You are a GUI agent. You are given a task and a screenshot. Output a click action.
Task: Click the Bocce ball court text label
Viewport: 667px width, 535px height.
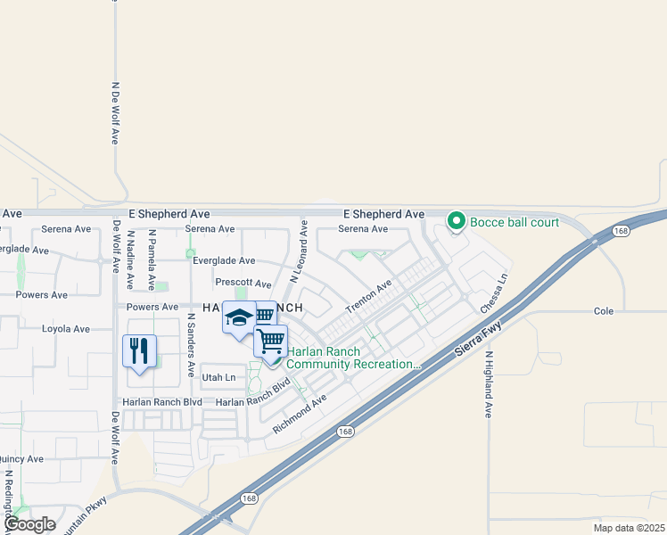[x=515, y=220]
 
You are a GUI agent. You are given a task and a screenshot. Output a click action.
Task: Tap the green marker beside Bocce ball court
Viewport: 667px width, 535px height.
[x=457, y=220]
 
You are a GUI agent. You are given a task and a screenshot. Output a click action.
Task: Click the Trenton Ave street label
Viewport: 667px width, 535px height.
[x=368, y=295]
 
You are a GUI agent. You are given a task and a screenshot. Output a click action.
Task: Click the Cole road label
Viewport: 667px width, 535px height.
[x=604, y=311]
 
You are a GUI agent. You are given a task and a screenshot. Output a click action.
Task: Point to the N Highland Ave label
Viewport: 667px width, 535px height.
[x=489, y=384]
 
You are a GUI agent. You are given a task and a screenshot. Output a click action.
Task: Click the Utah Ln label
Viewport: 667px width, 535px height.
[x=218, y=378]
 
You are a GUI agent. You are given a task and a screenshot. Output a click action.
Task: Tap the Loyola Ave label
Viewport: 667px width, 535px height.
[x=66, y=329]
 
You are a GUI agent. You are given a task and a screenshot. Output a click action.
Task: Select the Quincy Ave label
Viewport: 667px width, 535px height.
[x=21, y=459]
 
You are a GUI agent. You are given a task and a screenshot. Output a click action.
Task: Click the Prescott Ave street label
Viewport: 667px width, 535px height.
[x=243, y=283]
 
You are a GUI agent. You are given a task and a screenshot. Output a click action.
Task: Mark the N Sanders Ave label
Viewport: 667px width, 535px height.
[x=191, y=343]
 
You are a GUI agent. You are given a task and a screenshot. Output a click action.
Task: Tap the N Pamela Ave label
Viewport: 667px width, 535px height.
[x=152, y=259]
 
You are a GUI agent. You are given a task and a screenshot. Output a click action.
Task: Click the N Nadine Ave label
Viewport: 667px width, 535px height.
[x=131, y=260]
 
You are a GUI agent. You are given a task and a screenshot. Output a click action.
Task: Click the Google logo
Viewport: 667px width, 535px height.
[x=29, y=524]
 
